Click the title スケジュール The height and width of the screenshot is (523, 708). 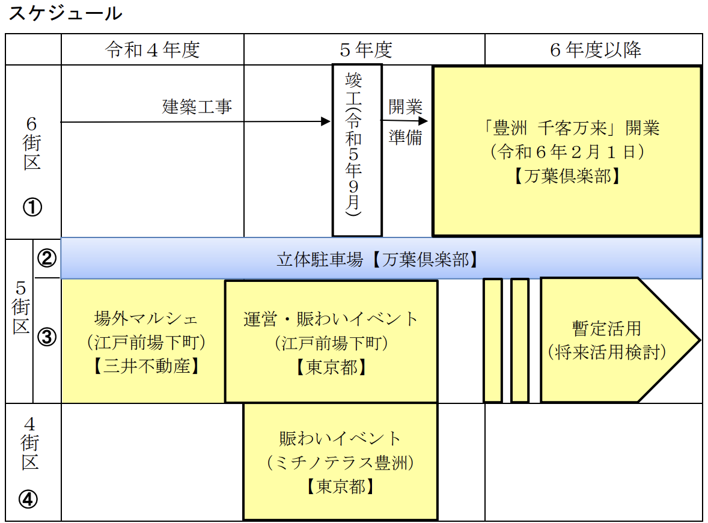[x=66, y=13]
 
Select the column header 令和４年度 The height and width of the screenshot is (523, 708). [x=153, y=50]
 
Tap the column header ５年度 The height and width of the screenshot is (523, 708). [x=366, y=50]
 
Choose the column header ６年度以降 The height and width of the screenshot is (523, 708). [x=596, y=50]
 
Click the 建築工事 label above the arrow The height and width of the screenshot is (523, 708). [x=197, y=106]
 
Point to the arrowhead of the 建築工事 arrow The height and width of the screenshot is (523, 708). [x=326, y=121]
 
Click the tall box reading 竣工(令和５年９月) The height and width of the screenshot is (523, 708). [x=357, y=150]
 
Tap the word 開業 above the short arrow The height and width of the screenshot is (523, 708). [x=406, y=106]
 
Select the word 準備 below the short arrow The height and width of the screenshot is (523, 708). [x=406, y=137]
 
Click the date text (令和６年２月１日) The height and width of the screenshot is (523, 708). [x=567, y=151]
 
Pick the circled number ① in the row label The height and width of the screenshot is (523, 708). [x=32, y=207]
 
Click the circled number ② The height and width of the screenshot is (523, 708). [x=47, y=258]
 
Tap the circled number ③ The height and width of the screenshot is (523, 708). [x=47, y=337]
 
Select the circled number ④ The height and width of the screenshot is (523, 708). [x=28, y=500]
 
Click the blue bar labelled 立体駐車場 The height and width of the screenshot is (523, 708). [x=382, y=258]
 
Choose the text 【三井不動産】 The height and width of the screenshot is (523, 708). [x=146, y=366]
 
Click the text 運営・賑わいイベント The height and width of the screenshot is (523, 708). [x=331, y=319]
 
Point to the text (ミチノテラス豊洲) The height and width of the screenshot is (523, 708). [x=340, y=462]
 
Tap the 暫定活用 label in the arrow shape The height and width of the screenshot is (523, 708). [x=606, y=328]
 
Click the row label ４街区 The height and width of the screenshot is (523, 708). [x=30, y=443]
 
